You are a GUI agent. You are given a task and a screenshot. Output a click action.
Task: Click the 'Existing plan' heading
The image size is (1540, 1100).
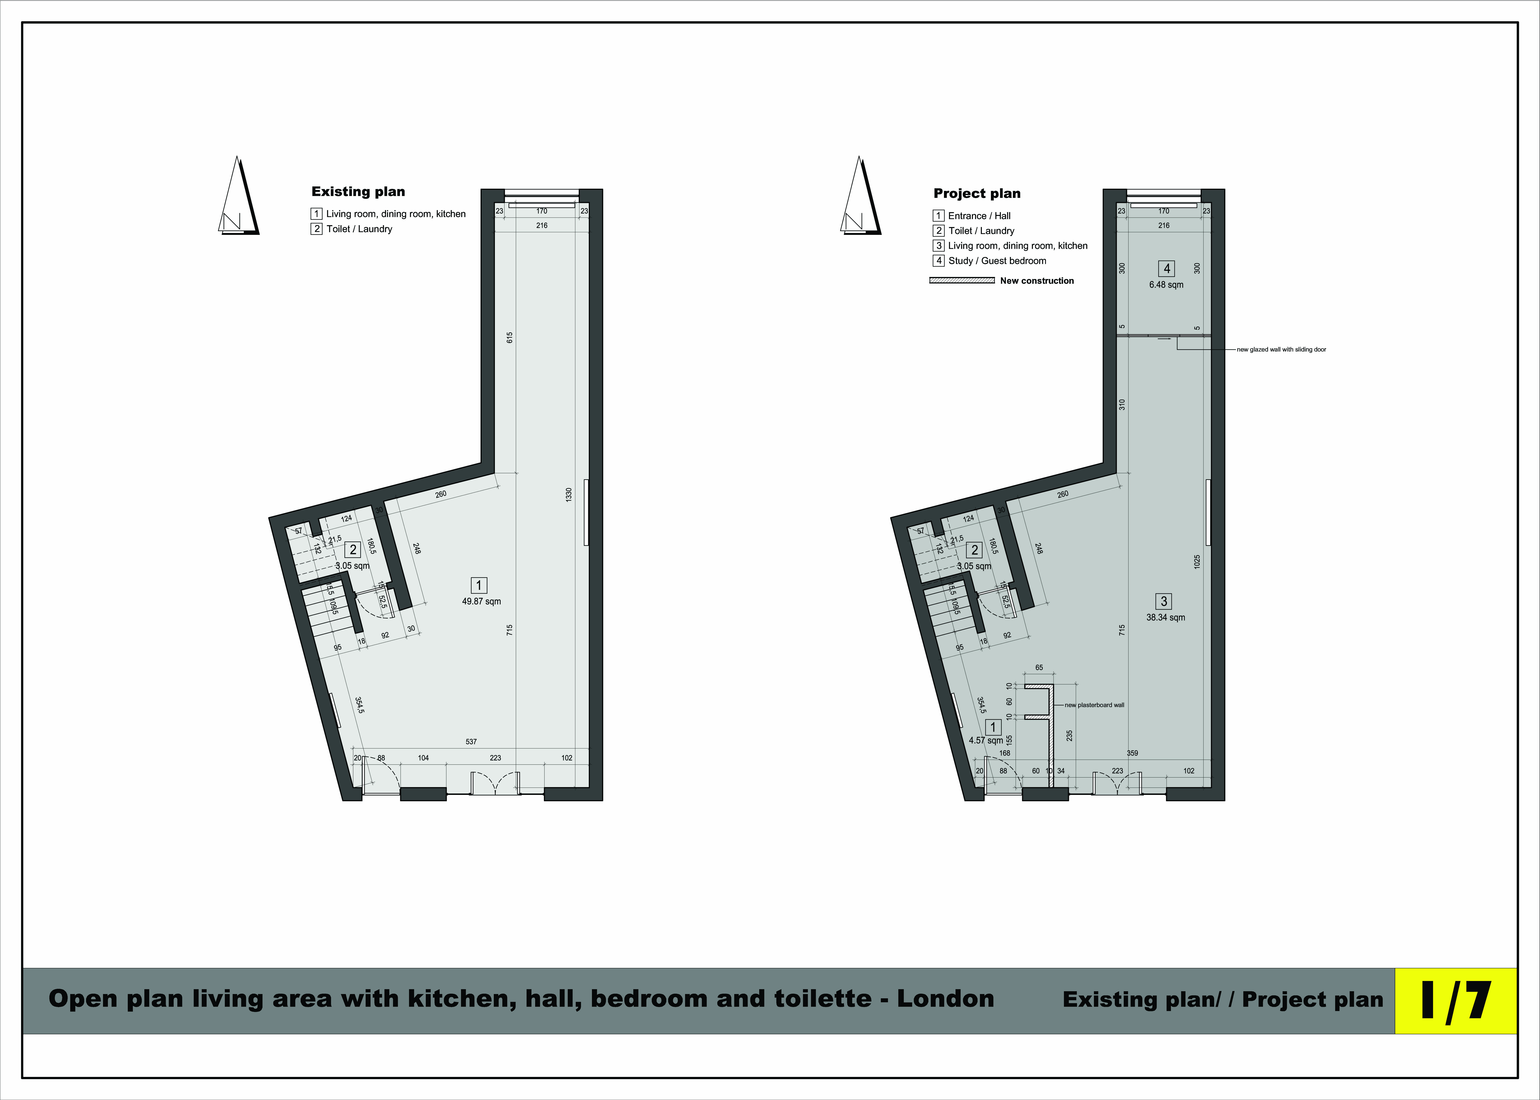pos(358,192)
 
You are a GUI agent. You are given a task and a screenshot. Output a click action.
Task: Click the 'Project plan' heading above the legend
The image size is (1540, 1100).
pos(977,194)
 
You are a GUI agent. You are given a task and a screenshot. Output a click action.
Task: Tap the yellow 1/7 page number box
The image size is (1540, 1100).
pos(1455,1000)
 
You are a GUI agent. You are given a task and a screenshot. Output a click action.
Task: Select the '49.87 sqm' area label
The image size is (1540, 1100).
pos(481,601)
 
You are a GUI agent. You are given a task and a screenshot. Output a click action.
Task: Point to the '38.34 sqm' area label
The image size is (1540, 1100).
pos(1165,618)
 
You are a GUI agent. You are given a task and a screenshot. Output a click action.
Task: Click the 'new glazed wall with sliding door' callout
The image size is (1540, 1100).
pos(1281,350)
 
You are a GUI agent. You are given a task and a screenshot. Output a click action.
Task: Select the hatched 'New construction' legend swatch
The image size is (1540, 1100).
pos(962,280)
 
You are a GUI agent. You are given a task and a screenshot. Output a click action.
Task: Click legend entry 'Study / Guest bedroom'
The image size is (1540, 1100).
pos(997,261)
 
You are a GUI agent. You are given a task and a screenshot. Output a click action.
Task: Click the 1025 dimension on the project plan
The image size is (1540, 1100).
pos(1197,562)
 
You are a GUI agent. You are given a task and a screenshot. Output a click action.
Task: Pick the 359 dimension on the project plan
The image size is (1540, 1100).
pos(1132,752)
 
